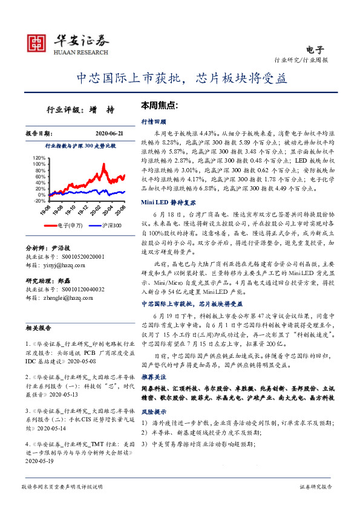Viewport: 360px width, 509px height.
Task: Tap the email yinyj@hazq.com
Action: [61, 264]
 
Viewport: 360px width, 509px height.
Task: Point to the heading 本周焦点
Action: [159, 105]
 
